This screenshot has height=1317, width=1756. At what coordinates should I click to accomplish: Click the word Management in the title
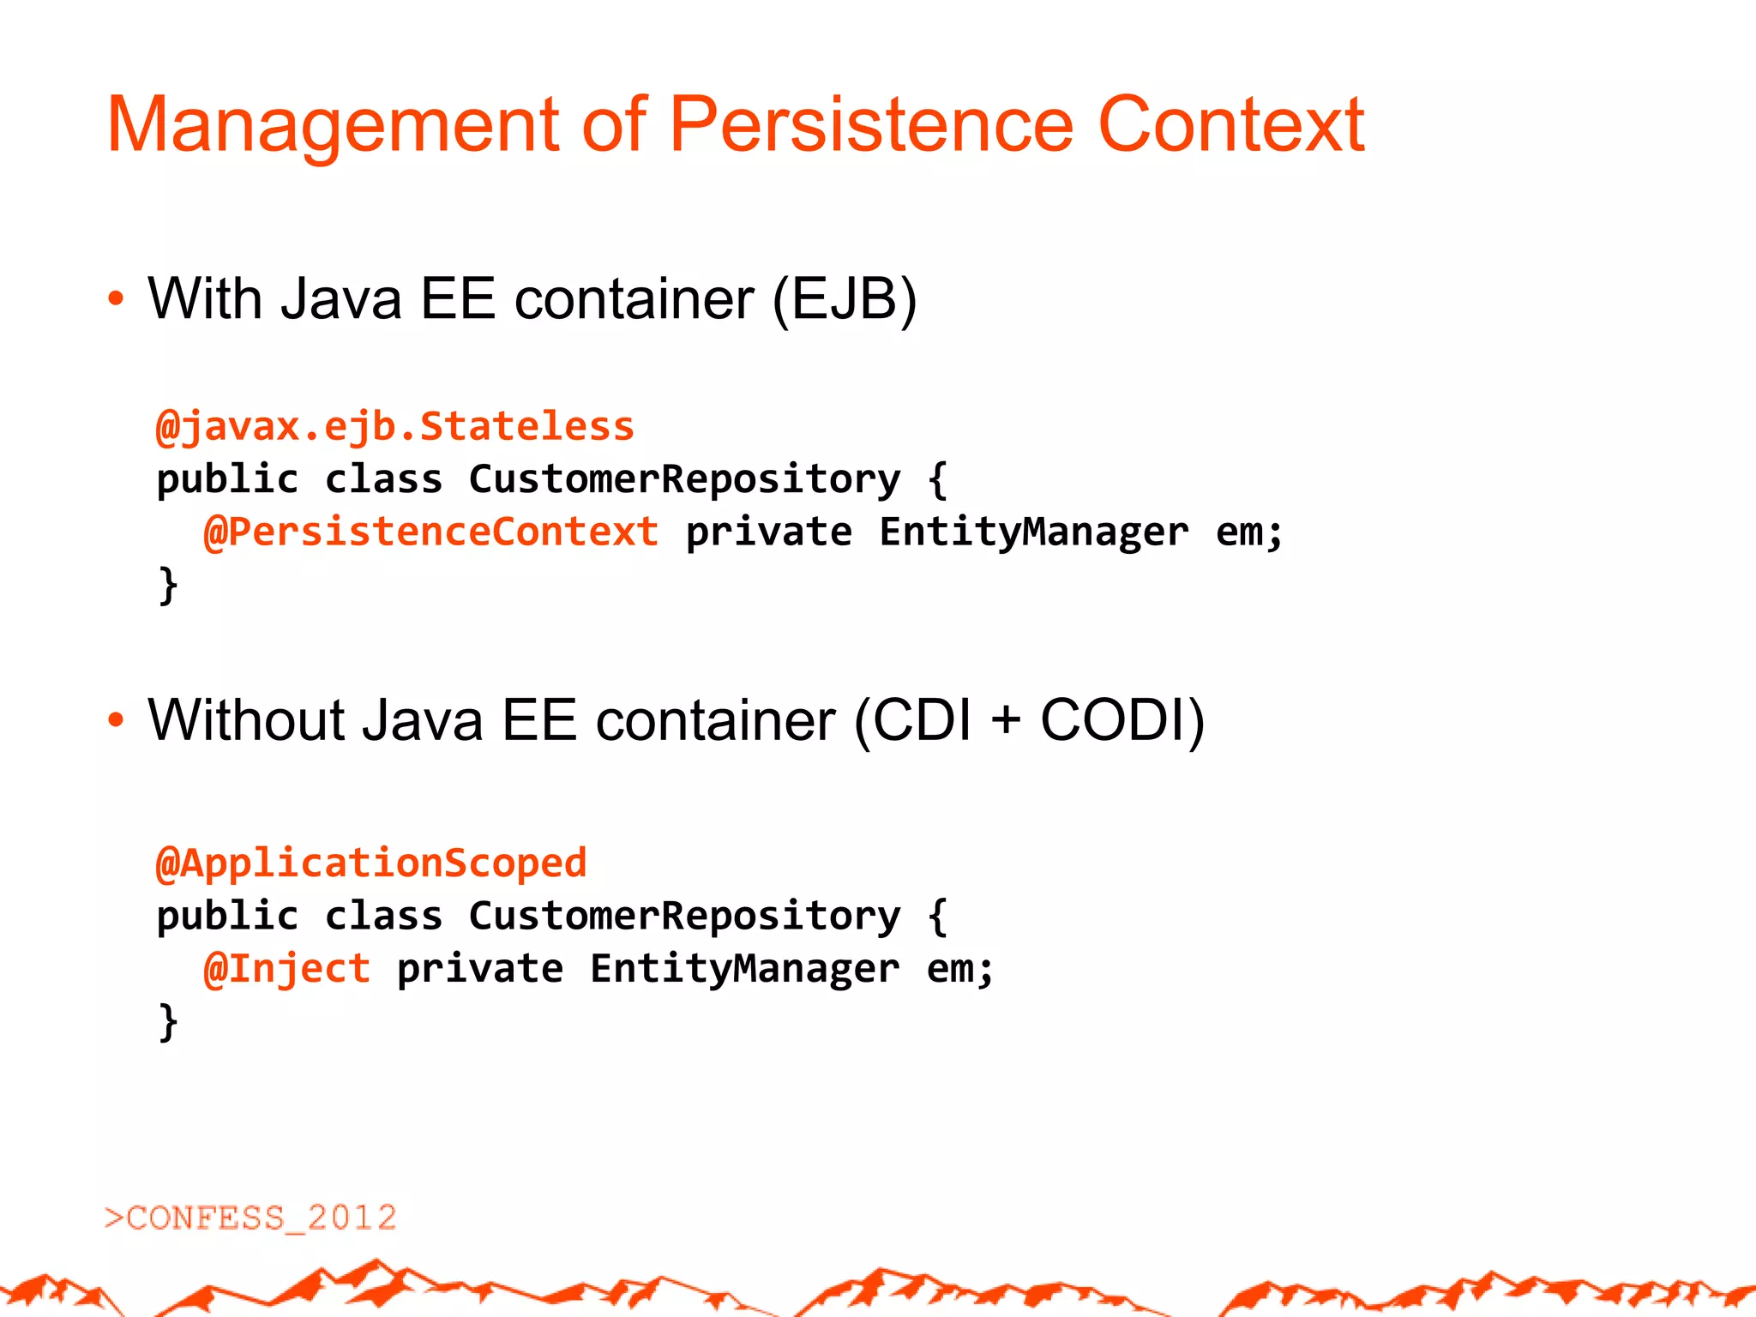coord(333,126)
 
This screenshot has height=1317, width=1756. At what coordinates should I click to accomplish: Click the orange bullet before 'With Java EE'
coord(116,300)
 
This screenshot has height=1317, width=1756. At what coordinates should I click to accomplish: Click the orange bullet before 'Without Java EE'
coord(116,720)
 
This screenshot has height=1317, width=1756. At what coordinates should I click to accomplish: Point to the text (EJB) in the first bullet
coord(845,299)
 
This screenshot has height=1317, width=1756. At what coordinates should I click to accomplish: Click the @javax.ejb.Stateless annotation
coord(394,426)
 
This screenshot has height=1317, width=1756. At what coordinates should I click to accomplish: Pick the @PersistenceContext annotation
coord(431,532)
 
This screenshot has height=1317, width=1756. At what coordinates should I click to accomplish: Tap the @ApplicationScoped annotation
coord(371,863)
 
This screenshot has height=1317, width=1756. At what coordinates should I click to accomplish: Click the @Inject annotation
coord(287,969)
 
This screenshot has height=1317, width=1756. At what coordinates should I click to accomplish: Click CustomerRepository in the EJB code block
coord(684,478)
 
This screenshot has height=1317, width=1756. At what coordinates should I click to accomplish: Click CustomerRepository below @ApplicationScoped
coord(684,916)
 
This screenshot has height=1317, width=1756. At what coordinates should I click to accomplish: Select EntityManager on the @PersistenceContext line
coord(1033,532)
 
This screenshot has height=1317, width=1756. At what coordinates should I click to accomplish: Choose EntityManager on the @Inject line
coord(744,969)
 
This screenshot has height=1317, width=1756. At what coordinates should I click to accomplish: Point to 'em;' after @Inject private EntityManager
coord(959,969)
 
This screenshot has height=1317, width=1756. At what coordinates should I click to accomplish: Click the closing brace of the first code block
coord(168,585)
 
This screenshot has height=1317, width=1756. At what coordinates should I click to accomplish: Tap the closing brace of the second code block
coord(168,1022)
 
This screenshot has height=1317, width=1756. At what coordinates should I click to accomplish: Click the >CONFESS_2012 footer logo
coord(250,1218)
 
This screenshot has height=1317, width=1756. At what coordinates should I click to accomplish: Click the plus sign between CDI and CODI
coord(1006,719)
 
